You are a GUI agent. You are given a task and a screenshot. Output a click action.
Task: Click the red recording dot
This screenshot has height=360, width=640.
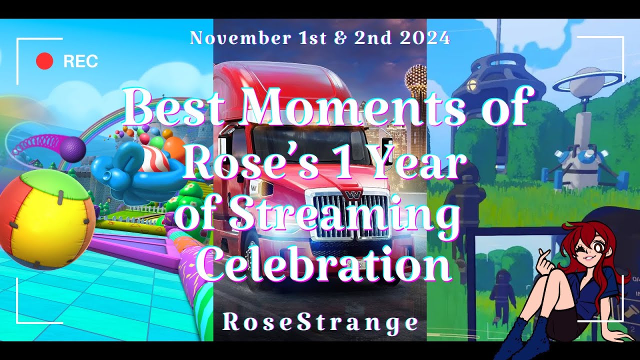coord(44,61)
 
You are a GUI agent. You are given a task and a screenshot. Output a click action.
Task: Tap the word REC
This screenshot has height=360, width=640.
coord(81,61)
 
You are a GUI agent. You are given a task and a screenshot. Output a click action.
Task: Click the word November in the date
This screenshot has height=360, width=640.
coord(240,38)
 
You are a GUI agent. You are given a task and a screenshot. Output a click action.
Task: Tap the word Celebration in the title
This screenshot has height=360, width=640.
coord(324,262)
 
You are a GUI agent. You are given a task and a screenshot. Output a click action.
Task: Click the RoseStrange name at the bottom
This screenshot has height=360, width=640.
coord(320,322)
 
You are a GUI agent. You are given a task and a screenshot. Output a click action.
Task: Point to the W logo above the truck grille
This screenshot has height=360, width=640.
coord(353,195)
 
